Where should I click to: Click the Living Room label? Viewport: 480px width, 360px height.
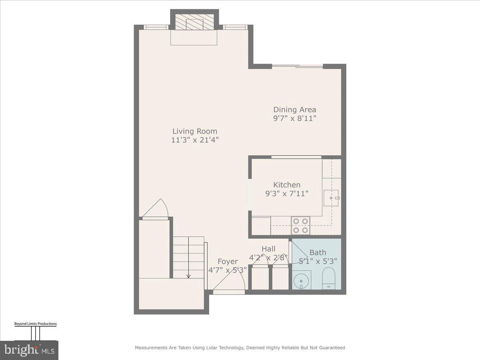point(195,131)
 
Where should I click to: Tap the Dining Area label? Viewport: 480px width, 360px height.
point(294,110)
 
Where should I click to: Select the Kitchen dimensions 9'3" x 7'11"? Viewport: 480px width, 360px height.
point(287,194)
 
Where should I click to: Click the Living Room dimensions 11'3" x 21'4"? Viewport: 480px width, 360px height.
point(195,140)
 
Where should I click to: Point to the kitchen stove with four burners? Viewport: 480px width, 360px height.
point(300,225)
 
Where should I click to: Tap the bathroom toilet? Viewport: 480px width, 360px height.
point(328,278)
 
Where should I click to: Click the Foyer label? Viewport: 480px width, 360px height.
point(228,262)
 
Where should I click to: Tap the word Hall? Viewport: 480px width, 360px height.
point(268,249)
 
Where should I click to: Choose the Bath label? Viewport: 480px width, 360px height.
point(318,252)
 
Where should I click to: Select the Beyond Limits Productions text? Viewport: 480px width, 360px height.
point(35,324)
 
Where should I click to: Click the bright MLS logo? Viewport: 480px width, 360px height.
point(29,350)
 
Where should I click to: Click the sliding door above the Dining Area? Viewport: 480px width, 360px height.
point(297,66)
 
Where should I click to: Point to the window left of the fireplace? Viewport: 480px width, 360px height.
point(156,27)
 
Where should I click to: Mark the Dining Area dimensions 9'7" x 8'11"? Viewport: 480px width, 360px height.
point(294,118)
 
